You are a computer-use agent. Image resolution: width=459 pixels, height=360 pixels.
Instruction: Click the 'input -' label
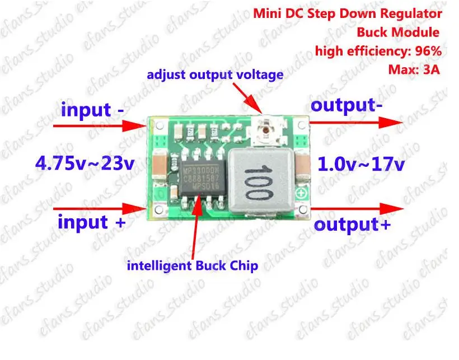[x=93, y=109]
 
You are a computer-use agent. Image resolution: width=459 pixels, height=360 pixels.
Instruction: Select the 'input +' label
[x=91, y=222]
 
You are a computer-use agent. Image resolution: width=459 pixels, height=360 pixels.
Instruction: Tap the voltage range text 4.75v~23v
[x=84, y=164]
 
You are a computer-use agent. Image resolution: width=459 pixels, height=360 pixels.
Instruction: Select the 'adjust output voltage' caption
[x=215, y=74]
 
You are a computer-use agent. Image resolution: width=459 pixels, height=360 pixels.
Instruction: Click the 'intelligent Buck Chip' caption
[x=193, y=265]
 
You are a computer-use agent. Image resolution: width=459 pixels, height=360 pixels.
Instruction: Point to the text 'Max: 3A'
[x=415, y=70]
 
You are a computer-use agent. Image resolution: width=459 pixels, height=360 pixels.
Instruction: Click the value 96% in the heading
[x=428, y=51]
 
